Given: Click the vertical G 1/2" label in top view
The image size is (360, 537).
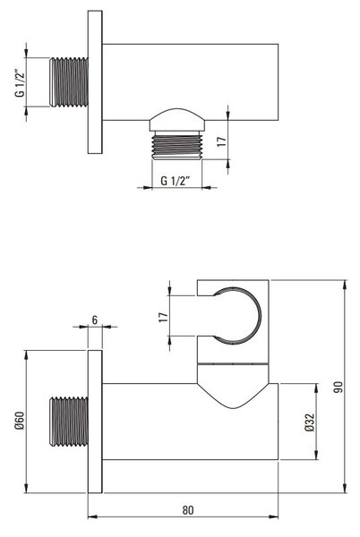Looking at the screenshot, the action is [21, 83].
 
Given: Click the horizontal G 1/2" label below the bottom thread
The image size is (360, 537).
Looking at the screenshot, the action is [175, 181].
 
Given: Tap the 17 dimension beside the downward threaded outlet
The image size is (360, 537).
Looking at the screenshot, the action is [222, 141].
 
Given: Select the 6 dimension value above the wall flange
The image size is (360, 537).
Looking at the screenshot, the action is [95, 320].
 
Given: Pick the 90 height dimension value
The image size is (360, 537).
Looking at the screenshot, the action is [339, 387].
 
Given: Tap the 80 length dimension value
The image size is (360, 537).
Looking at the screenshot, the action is [188, 510].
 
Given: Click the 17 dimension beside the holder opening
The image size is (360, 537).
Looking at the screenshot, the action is [164, 317].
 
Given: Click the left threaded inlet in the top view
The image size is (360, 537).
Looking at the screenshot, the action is [69, 82].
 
